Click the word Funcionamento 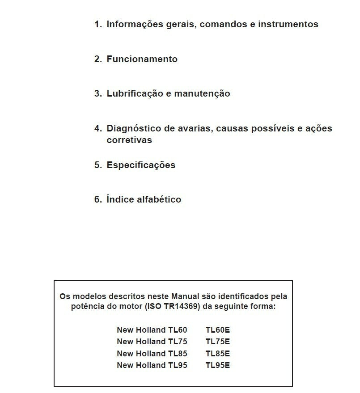pos(142,59)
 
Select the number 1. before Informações pos(98,24)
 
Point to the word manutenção pos(202,94)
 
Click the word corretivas pos(129,140)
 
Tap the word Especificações pos(141,165)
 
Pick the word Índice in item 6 pos(120,199)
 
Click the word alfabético pos(159,199)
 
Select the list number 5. pos(98,165)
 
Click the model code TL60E pos(218,330)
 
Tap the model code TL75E pos(218,342)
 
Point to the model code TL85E pos(218,354)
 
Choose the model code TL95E pos(218,365)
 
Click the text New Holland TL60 pos(152,330)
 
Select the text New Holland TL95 pos(152,365)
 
